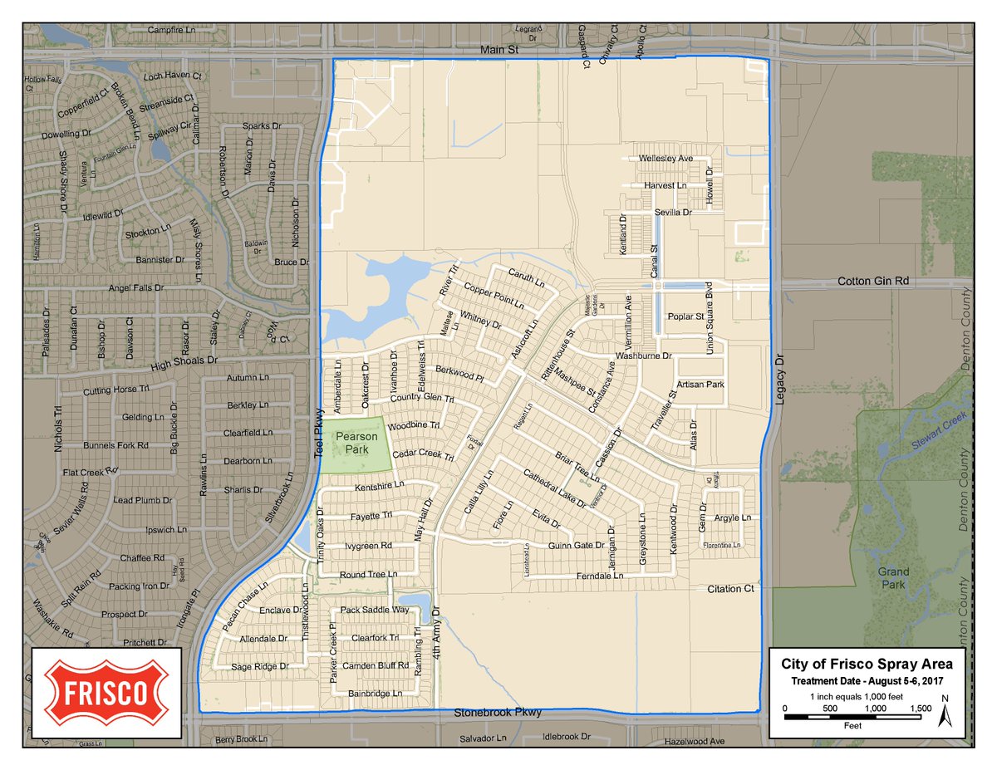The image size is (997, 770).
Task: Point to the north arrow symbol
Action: tap(945, 711)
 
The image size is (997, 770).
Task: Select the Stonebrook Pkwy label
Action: tap(498, 713)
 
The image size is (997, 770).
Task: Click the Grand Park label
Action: tap(894, 577)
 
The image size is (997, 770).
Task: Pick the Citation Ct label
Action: tap(729, 589)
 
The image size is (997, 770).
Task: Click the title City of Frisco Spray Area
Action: tap(867, 664)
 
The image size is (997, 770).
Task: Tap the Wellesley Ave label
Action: tap(665, 158)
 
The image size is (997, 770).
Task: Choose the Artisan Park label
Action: tap(700, 385)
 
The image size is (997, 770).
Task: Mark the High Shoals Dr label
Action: tap(183, 361)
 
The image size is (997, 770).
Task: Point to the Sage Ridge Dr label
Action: tap(259, 666)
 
